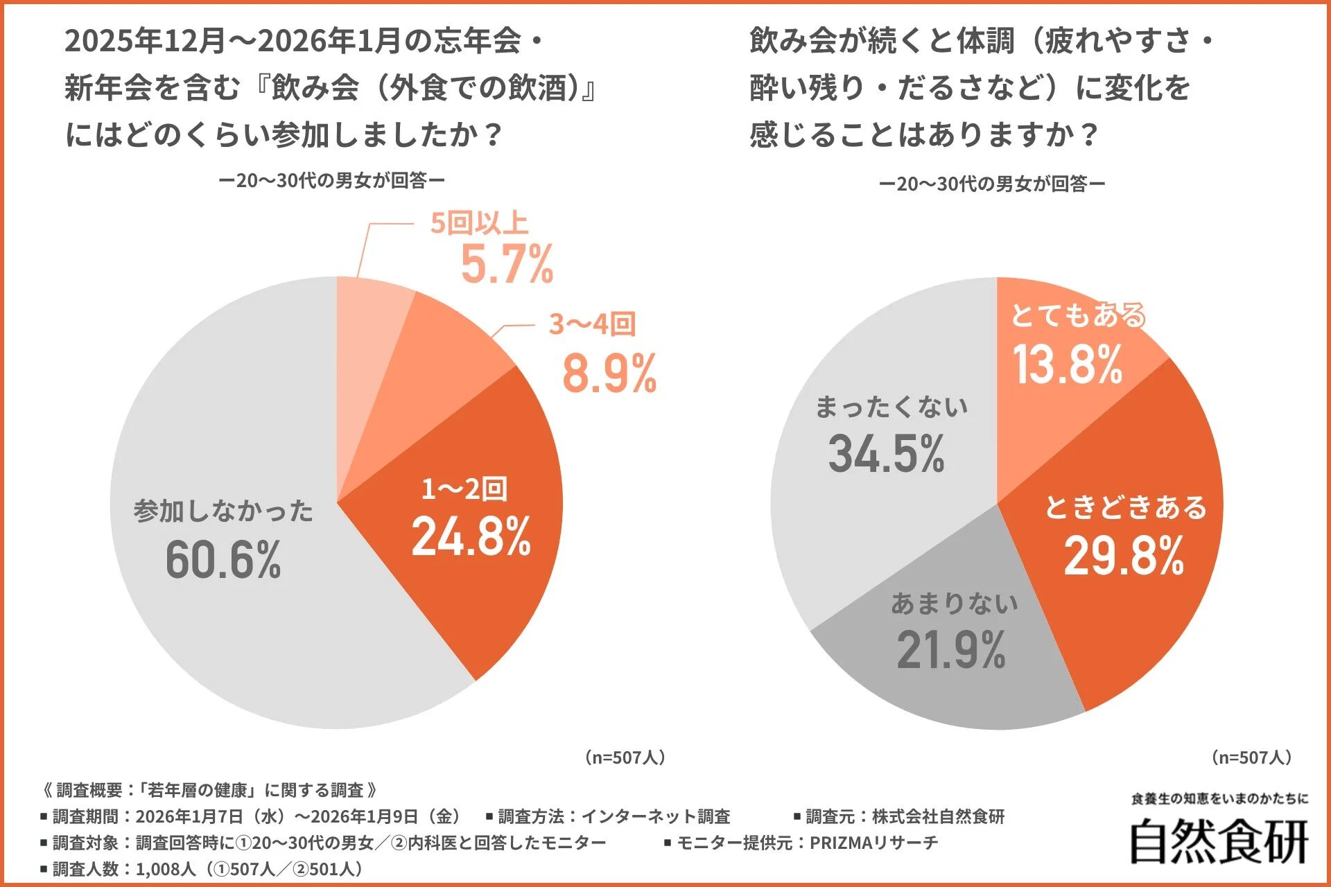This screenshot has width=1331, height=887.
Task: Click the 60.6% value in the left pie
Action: point(223,559)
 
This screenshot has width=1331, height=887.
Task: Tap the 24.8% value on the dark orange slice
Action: point(471,537)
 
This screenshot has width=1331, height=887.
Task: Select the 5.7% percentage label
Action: point(507,265)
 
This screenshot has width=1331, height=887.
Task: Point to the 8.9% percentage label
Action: point(609,374)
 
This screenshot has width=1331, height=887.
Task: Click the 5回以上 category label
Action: point(479,224)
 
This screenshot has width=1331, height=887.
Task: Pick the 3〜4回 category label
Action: point(592,324)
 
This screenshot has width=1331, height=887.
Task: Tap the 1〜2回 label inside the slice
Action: point(464,489)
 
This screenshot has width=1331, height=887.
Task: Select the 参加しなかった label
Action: point(223,511)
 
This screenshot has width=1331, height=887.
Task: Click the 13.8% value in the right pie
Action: point(1068,365)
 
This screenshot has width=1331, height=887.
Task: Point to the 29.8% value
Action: point(1124,556)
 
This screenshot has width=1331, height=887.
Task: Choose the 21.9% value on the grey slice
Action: point(951,651)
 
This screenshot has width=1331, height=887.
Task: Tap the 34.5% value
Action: point(887,455)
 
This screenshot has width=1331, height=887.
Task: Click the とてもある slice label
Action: point(1078,315)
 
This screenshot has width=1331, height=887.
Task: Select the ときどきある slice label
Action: point(1126,508)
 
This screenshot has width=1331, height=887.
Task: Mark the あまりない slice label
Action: point(955,604)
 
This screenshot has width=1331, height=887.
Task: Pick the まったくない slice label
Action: point(891,407)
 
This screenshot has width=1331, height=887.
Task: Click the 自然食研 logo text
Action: point(1219,842)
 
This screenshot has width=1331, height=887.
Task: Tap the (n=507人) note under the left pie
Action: point(625,757)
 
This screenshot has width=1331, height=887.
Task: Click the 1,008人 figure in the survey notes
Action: point(166,869)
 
